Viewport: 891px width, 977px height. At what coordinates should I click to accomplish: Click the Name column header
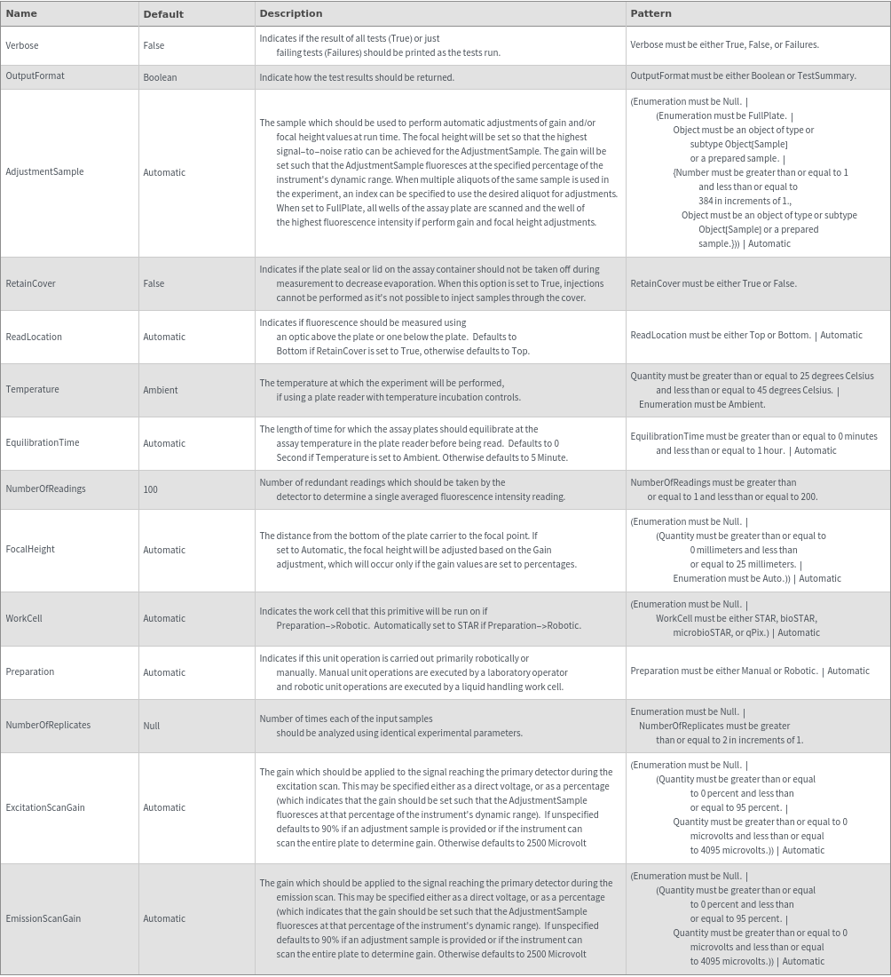click(x=21, y=13)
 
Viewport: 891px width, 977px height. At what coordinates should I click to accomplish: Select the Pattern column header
click(x=651, y=13)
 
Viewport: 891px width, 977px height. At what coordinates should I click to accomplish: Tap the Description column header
click(x=290, y=13)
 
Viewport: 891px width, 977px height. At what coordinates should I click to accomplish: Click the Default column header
click(x=163, y=14)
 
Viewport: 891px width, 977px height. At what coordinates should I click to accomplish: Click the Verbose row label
click(x=22, y=45)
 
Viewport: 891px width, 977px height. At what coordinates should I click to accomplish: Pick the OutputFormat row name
click(x=35, y=76)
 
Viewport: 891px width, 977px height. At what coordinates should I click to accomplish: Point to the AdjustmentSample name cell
click(x=44, y=172)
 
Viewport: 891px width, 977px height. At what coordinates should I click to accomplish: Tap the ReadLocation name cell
click(x=34, y=338)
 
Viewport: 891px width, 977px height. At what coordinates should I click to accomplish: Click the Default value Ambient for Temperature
click(x=161, y=390)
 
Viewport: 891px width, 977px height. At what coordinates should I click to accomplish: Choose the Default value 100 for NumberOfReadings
click(x=151, y=489)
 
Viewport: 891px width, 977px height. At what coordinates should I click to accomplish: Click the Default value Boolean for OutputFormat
click(x=160, y=77)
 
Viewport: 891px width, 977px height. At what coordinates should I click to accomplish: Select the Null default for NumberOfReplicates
click(x=152, y=726)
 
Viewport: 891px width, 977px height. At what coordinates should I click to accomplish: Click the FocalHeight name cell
click(x=30, y=550)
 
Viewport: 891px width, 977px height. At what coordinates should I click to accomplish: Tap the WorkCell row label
click(x=24, y=619)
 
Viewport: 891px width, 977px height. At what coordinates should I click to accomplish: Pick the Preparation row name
click(x=30, y=672)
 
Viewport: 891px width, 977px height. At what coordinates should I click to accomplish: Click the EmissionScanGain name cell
click(x=43, y=919)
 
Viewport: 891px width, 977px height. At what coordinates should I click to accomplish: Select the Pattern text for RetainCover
click(x=714, y=284)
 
